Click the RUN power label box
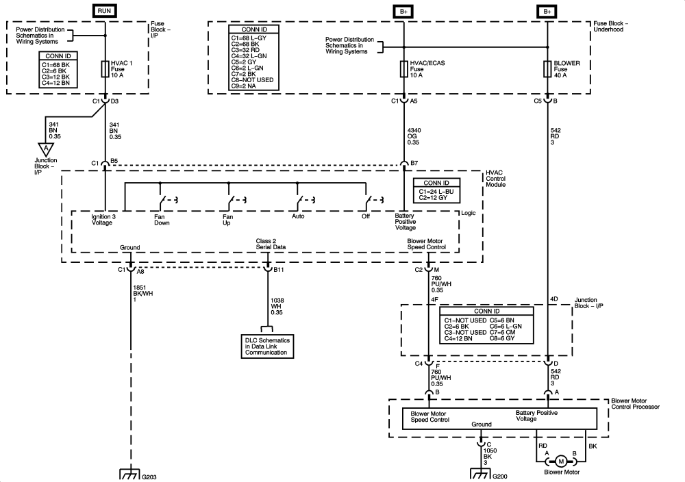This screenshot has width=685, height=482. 104,11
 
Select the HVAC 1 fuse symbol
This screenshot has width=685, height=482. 105,69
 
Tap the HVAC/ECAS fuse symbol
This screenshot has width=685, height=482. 403,69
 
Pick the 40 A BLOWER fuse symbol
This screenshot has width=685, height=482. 547,69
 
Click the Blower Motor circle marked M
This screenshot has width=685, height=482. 562,461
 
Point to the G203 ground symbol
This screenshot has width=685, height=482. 129,474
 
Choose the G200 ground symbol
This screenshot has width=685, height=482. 481,474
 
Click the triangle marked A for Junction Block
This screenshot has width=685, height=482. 45,149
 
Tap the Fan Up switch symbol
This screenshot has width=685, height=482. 236,199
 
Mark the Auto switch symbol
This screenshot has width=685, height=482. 306,199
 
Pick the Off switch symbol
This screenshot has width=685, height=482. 374,199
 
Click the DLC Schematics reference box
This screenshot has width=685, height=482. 267,346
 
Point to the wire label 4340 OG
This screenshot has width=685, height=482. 414,136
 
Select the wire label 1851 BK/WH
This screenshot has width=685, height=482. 143,294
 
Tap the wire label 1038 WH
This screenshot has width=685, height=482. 277,307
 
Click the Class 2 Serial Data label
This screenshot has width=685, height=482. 271,244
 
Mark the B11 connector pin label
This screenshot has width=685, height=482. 279,270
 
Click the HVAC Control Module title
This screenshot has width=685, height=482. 496,179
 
